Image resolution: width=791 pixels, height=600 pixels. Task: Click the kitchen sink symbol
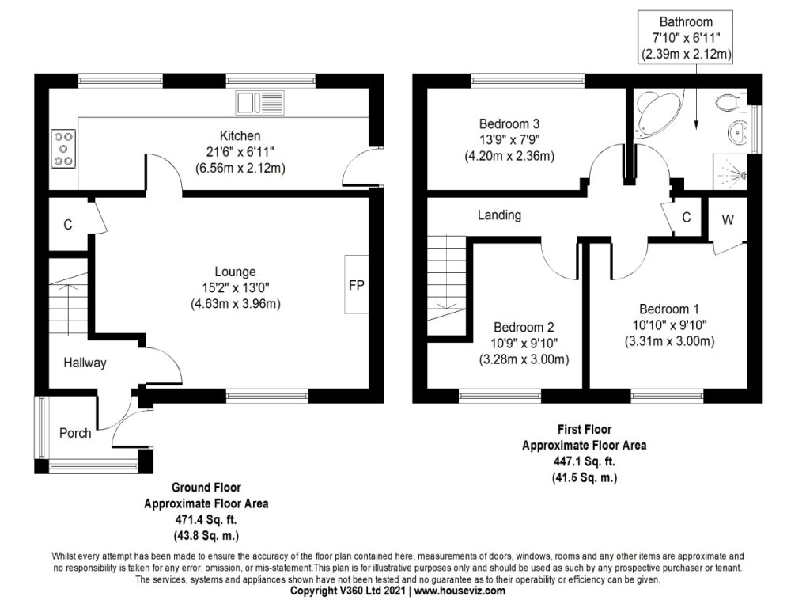pyautogui.click(x=259, y=103)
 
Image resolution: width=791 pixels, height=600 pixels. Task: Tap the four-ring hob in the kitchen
pyautogui.click(x=63, y=149)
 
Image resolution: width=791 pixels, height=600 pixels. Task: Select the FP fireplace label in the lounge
pyautogui.click(x=357, y=286)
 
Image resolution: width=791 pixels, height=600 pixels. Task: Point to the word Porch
pyautogui.click(x=76, y=433)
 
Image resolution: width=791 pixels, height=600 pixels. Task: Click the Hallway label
pyautogui.click(x=85, y=363)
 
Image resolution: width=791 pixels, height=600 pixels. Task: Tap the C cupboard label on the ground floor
pyautogui.click(x=68, y=225)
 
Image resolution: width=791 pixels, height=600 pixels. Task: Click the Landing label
pyautogui.click(x=499, y=215)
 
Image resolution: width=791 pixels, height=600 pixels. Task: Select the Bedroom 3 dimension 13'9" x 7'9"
pyautogui.click(x=509, y=140)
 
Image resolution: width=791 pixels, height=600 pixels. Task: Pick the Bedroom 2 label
pyautogui.click(x=524, y=328)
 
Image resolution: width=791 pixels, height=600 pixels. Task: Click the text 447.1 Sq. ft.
pyautogui.click(x=584, y=461)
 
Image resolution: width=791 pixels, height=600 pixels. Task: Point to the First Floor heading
pyautogui.click(x=584, y=430)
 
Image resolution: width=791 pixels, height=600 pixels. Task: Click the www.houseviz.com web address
pyautogui.click(x=460, y=591)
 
